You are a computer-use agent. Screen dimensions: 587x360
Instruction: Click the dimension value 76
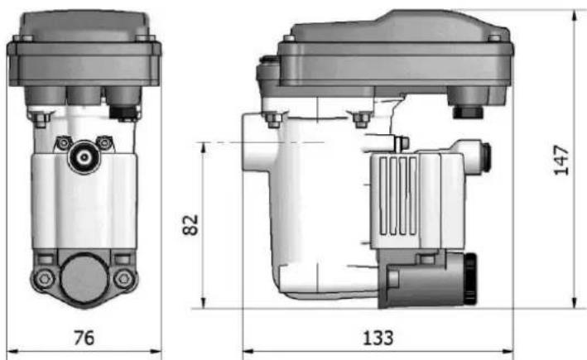tap(84, 338)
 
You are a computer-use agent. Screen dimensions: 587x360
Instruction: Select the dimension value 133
tap(378, 338)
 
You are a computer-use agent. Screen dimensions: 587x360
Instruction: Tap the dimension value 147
tap(561, 161)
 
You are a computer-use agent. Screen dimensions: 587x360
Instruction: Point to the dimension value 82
tap(190, 224)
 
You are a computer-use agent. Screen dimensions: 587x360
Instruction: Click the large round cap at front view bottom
tap(84, 278)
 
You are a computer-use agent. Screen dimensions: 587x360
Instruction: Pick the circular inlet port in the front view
tap(84, 157)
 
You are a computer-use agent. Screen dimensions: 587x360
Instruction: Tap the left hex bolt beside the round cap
tap(44, 278)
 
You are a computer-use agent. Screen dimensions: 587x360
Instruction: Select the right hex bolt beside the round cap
tap(124, 278)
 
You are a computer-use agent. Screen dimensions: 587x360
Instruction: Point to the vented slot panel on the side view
tap(398, 195)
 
